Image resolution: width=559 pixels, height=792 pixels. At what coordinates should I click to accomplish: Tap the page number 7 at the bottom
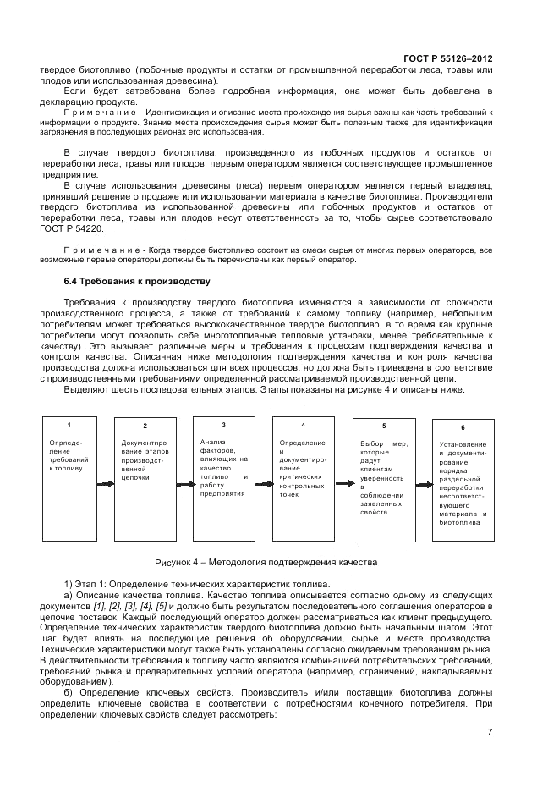490,732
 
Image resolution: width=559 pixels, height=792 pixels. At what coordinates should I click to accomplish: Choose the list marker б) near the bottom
69,692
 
